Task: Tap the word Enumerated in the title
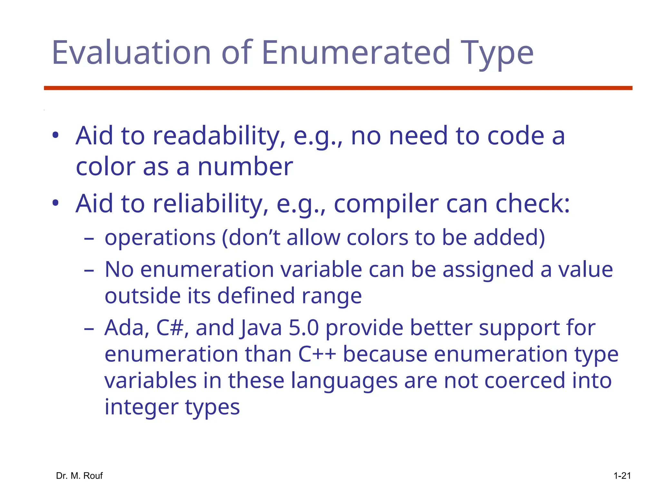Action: (x=356, y=52)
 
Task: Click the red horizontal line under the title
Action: (x=338, y=88)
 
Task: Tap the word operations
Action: (x=160, y=238)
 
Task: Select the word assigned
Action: (x=488, y=270)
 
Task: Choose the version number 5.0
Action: (x=304, y=328)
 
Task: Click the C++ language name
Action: (x=317, y=354)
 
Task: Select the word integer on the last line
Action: (x=141, y=407)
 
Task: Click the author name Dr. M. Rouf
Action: (x=79, y=476)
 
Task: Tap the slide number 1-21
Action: (x=622, y=476)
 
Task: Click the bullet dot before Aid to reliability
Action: (x=55, y=203)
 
